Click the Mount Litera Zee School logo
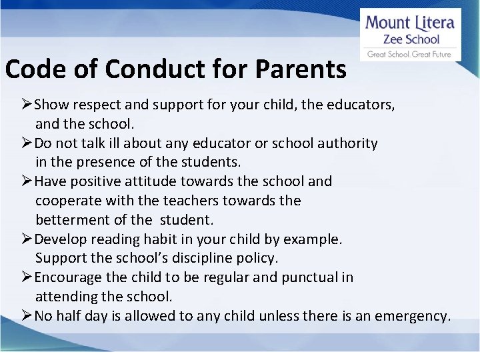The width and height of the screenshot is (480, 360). [x=410, y=35]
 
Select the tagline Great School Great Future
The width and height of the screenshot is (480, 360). [x=409, y=54]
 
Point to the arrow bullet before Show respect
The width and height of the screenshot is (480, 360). [x=27, y=105]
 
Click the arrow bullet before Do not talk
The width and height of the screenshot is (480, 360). [x=27, y=143]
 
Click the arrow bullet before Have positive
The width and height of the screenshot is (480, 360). [x=27, y=181]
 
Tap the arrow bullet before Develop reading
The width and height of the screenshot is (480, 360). [x=27, y=239]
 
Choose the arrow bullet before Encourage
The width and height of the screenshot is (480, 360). [x=27, y=277]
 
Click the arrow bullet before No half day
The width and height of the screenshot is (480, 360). [x=27, y=316]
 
